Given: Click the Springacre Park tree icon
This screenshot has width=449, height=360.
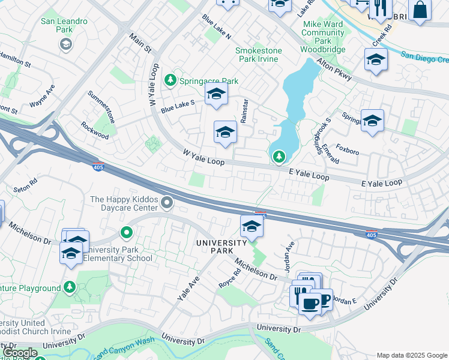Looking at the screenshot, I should pos(171,80).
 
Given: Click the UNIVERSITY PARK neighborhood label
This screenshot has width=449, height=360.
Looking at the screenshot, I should pos(221,247).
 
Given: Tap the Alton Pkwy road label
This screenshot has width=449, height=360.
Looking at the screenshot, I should pos(333,67).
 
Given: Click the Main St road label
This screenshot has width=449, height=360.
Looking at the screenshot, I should pos(140,45).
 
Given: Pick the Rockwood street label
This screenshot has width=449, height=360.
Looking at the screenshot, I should pos(95,131).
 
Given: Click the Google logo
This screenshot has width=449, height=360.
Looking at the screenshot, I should pos(20,353).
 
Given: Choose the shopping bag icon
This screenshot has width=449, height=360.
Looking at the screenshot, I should pos(420,10).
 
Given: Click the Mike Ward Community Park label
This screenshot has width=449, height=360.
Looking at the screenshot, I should pos(324,32).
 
